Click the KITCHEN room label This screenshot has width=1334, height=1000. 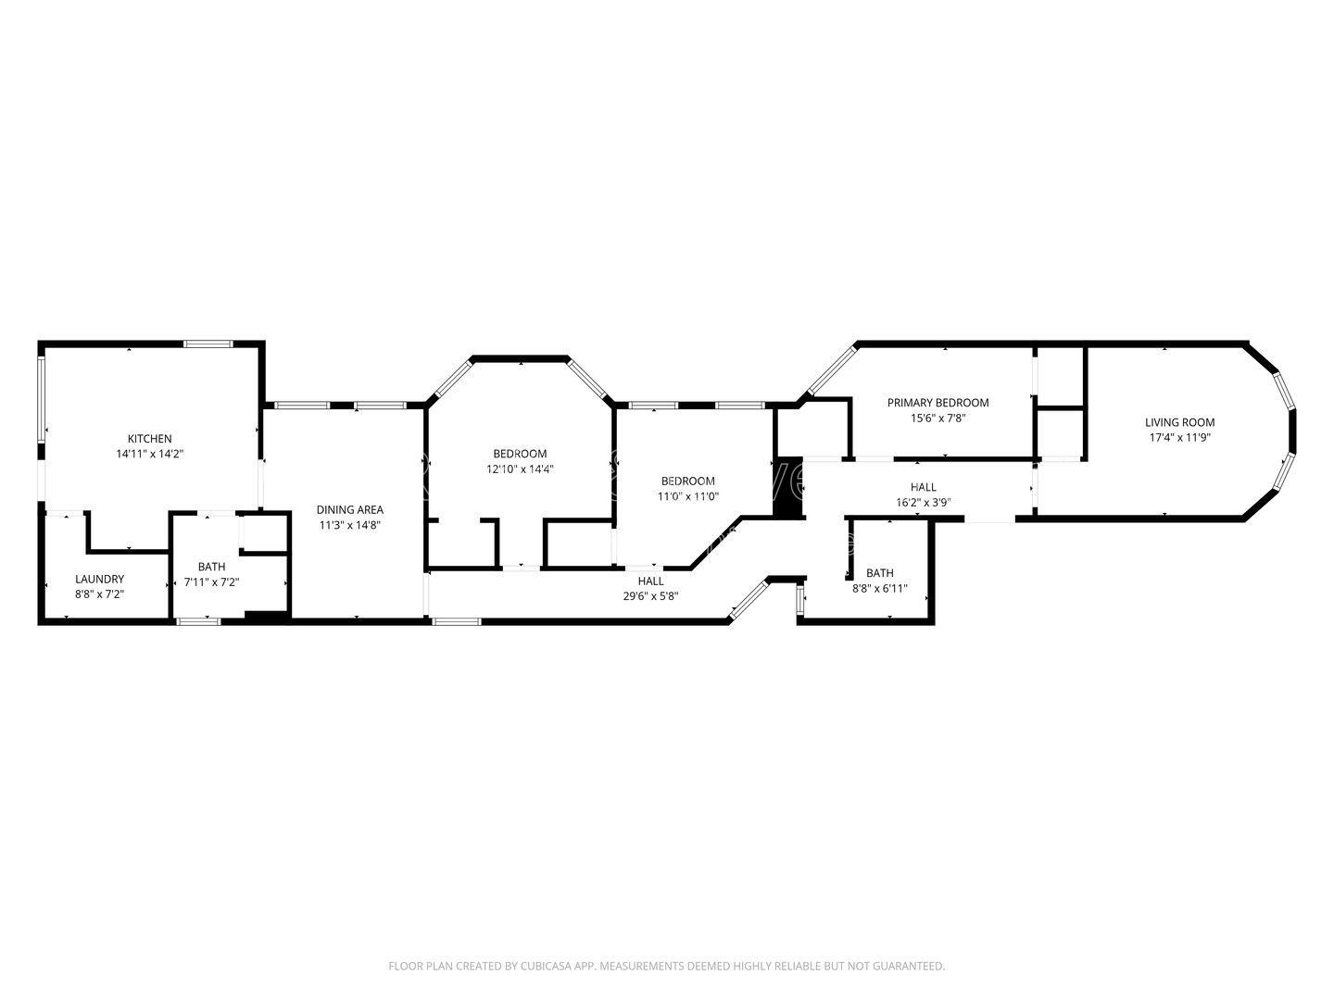pos(149,439)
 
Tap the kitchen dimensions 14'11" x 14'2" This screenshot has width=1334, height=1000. pos(149,455)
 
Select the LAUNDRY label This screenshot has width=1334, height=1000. pos(99,579)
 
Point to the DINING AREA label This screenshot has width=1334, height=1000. pos(349,509)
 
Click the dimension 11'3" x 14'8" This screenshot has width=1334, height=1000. pos(349,525)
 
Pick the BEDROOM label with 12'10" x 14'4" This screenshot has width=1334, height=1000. pos(520,454)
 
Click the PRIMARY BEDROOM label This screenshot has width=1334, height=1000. pos(938,403)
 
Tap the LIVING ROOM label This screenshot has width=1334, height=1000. pos(1179,422)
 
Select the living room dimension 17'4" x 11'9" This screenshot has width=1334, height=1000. pos(1179,438)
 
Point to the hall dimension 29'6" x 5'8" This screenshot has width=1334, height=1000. pos(650,596)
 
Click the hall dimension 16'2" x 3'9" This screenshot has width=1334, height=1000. pos(923,503)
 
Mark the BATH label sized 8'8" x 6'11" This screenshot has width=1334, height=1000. pos(879,573)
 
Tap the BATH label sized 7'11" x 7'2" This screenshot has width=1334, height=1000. pos(211,567)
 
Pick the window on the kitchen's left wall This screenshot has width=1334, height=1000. pos(42,398)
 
